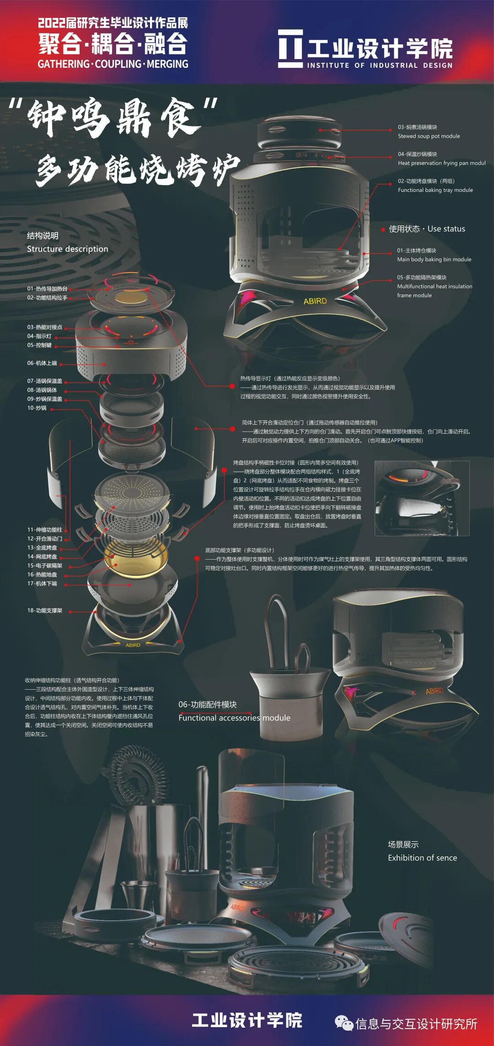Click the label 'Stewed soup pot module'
[429, 136]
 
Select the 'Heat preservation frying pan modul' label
[441, 163]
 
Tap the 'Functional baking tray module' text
[435, 190]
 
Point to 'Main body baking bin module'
[434, 259]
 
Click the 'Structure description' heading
[67, 249]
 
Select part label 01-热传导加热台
[47, 289]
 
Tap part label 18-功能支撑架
[44, 610]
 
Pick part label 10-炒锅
[37, 408]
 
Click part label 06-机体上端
[42, 363]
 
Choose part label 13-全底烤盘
[42, 548]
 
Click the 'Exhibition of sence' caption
[422, 858]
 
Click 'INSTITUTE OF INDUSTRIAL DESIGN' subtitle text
[379, 65]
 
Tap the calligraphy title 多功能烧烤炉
[137, 169]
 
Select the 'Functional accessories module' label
[234, 718]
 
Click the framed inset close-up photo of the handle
[422, 498]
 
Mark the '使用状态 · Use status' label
[426, 229]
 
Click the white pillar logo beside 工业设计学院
[290, 49]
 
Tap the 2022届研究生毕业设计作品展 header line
[113, 23]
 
